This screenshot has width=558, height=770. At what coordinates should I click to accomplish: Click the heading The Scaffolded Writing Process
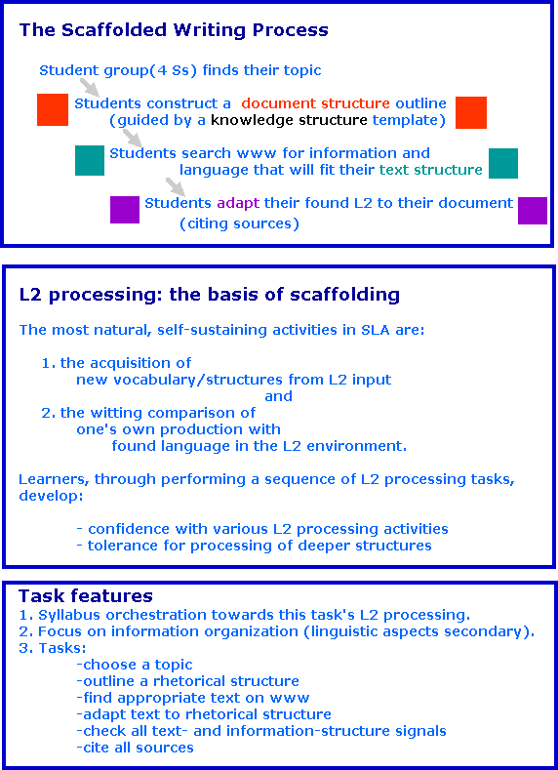[x=174, y=30]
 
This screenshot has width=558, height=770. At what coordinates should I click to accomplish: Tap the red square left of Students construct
[x=53, y=110]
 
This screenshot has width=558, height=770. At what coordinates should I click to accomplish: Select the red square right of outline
[x=471, y=112]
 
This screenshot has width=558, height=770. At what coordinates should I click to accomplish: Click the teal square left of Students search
[x=90, y=160]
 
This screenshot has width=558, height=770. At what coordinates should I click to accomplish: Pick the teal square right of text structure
[x=503, y=163]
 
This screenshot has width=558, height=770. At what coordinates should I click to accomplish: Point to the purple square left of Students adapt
[x=125, y=210]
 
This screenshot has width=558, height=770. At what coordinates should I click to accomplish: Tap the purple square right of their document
[x=533, y=211]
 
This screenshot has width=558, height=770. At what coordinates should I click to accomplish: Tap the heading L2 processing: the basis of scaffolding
[x=209, y=294]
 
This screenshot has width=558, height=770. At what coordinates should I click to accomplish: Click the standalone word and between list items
[x=278, y=396]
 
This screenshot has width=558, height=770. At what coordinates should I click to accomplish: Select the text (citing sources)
[x=239, y=223]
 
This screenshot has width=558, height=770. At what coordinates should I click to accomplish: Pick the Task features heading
[x=85, y=595]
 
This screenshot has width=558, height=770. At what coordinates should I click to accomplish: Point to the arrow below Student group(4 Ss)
[x=88, y=87]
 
